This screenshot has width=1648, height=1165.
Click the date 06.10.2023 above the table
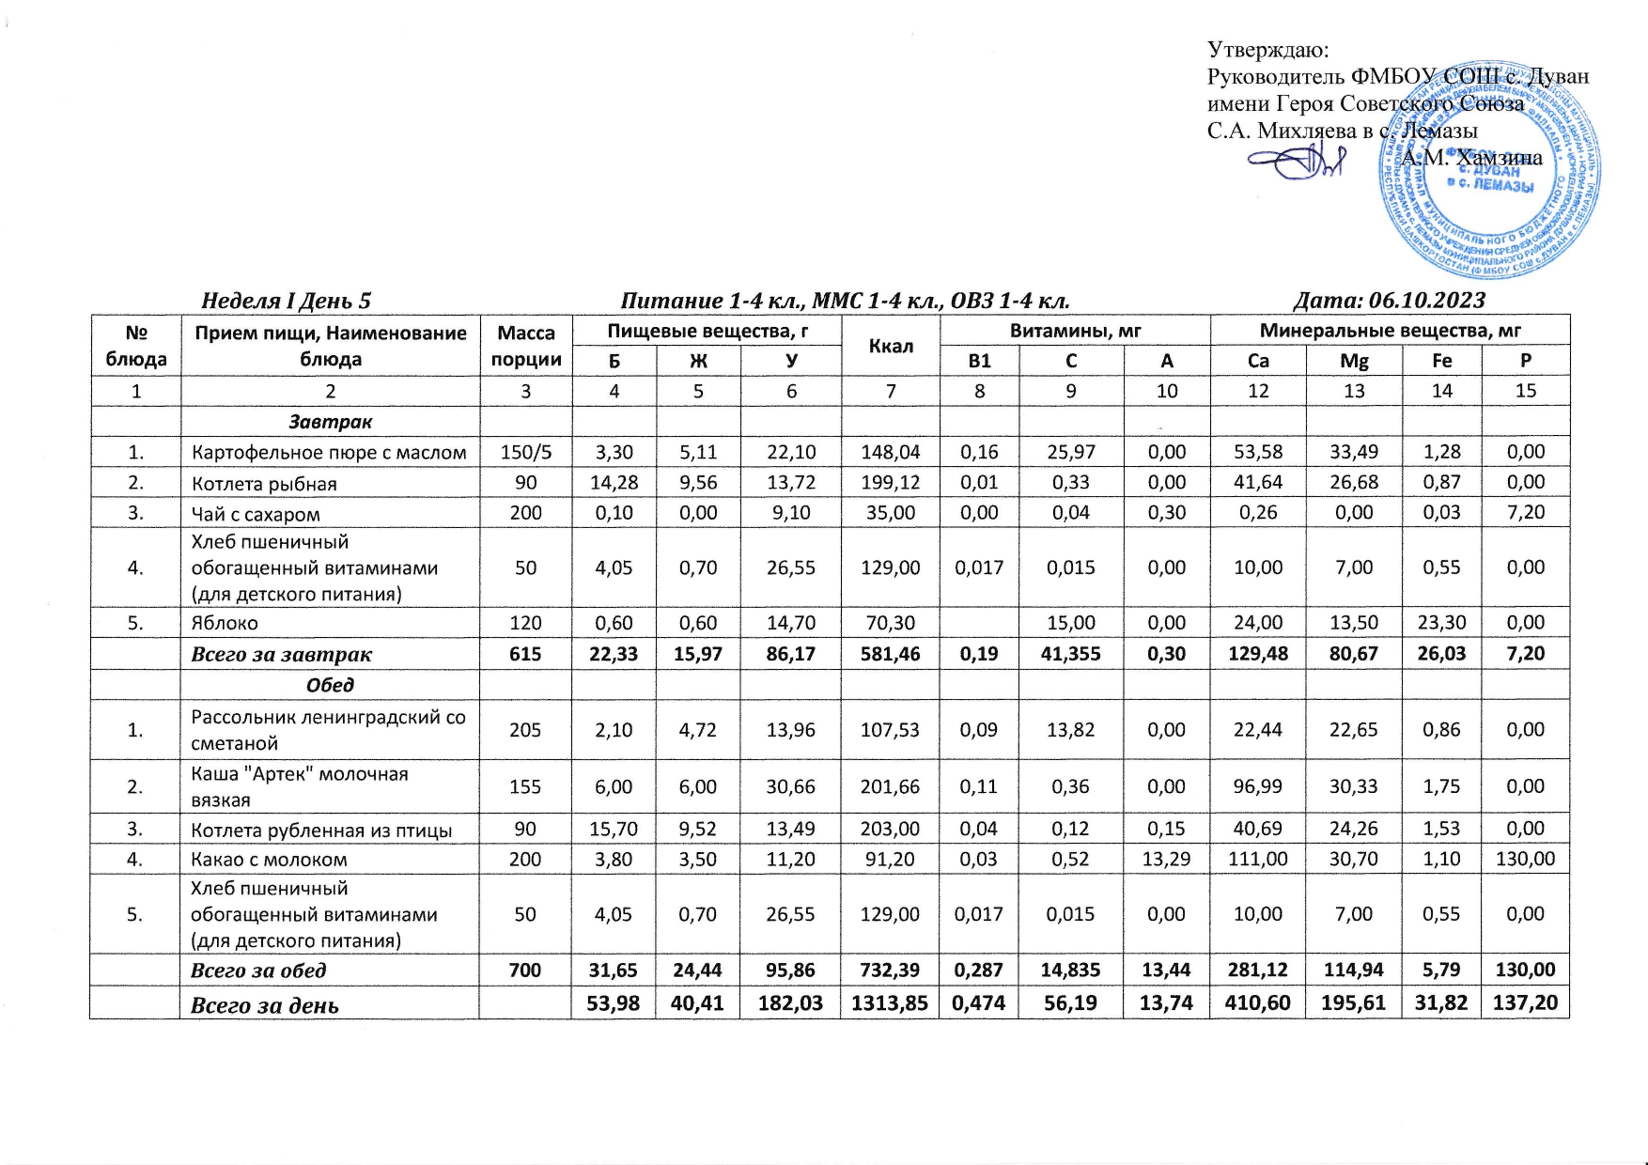click(x=1427, y=301)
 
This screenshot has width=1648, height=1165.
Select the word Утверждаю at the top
click(x=1267, y=49)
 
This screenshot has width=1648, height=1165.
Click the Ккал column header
click(x=891, y=345)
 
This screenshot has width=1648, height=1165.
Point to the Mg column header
click(x=1353, y=361)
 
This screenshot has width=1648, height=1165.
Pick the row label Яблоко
click(x=225, y=623)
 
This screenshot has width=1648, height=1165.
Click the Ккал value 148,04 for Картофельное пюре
click(x=891, y=452)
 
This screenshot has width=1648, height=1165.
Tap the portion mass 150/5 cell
click(x=526, y=452)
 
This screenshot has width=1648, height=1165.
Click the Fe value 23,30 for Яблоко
click(x=1441, y=623)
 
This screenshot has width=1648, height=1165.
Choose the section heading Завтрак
click(x=330, y=422)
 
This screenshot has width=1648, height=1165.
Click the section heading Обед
click(x=330, y=685)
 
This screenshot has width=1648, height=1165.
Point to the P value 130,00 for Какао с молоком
click(x=1526, y=859)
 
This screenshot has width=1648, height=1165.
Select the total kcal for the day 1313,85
click(x=891, y=1004)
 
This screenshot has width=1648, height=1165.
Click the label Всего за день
click(x=265, y=1005)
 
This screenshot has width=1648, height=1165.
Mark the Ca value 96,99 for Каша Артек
click(x=1258, y=786)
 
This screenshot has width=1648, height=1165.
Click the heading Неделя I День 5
click(x=287, y=301)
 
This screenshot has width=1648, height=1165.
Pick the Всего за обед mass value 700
click(x=526, y=971)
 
